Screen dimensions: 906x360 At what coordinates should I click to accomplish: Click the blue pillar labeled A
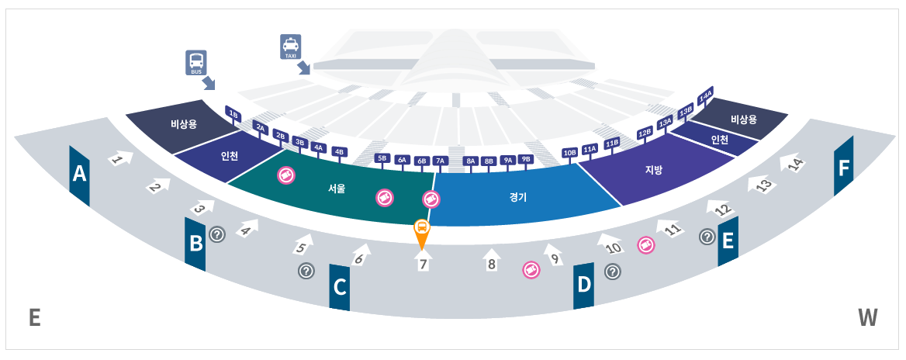79,175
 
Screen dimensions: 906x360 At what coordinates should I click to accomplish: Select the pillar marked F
843,167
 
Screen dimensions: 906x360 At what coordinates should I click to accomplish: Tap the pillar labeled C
340,287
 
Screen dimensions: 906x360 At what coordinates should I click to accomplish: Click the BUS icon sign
196,62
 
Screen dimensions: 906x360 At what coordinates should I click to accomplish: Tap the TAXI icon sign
290,47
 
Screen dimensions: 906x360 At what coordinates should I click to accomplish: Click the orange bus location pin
421,232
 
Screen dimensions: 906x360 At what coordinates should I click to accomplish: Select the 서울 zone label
337,188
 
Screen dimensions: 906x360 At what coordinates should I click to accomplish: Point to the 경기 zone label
519,197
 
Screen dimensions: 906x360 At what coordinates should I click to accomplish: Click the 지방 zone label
654,169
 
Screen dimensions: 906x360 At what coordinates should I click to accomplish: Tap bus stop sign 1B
233,114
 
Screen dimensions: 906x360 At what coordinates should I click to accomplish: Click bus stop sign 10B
570,152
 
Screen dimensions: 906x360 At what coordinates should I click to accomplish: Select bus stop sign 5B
382,158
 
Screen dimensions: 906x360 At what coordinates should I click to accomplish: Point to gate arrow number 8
491,261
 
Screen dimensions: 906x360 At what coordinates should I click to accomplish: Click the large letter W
868,317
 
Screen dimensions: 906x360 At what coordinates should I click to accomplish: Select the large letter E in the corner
34,318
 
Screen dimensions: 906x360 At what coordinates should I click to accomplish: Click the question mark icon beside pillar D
613,272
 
